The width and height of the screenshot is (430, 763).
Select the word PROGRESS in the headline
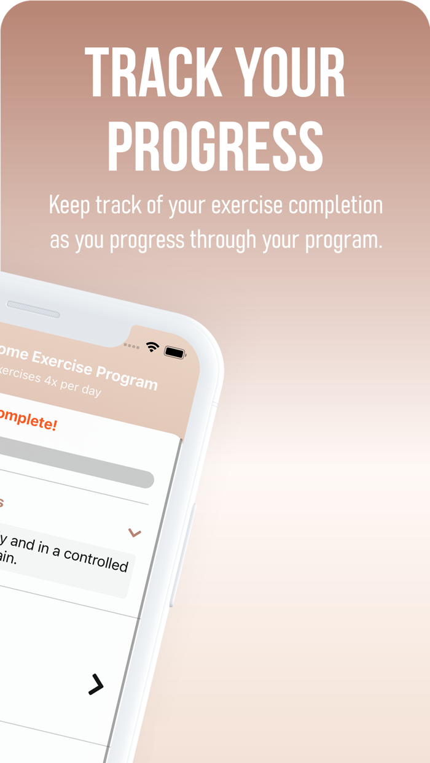click(215, 147)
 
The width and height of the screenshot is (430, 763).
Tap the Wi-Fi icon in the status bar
click(152, 347)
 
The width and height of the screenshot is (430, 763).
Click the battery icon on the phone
click(175, 353)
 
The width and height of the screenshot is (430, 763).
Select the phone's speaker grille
click(33, 309)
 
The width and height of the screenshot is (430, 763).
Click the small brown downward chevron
click(135, 532)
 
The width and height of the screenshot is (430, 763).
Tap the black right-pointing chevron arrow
click(96, 684)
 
